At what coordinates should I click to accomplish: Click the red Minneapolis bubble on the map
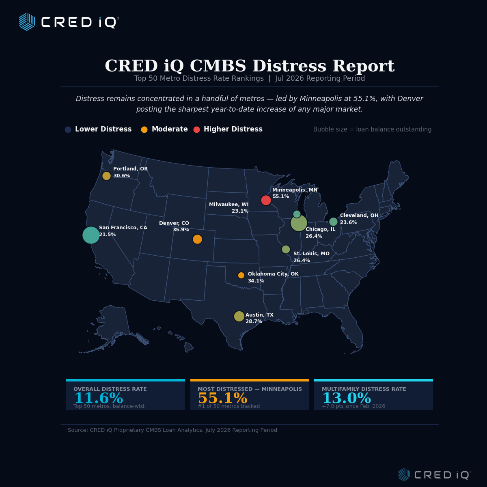[x=266, y=200]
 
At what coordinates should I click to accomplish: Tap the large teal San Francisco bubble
[x=91, y=235]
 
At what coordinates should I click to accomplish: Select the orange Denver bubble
[x=197, y=239]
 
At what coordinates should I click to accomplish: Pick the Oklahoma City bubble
[x=241, y=275]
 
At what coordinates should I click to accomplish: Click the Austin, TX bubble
[x=239, y=316]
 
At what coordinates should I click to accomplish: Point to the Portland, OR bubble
[x=106, y=176]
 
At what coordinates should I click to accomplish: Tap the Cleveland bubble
[x=333, y=222]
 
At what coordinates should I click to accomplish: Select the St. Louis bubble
[x=286, y=250]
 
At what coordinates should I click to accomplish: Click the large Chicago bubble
[x=299, y=223]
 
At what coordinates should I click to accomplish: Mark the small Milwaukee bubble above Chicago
[x=297, y=214]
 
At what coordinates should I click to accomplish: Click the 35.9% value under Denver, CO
[x=181, y=230]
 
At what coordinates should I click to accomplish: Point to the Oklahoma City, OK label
[x=273, y=274]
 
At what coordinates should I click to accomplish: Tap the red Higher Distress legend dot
[x=196, y=129]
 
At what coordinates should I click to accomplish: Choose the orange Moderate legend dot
[x=144, y=129]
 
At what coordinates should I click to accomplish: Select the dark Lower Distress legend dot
[x=68, y=129]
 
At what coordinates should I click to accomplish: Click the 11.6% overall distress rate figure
[x=99, y=398]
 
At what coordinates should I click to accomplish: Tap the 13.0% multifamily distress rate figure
[x=347, y=398]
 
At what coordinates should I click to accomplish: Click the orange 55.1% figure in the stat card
[x=223, y=398]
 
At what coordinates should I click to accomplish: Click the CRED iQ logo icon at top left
[x=27, y=22]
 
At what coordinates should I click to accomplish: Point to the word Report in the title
[x=363, y=66]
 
